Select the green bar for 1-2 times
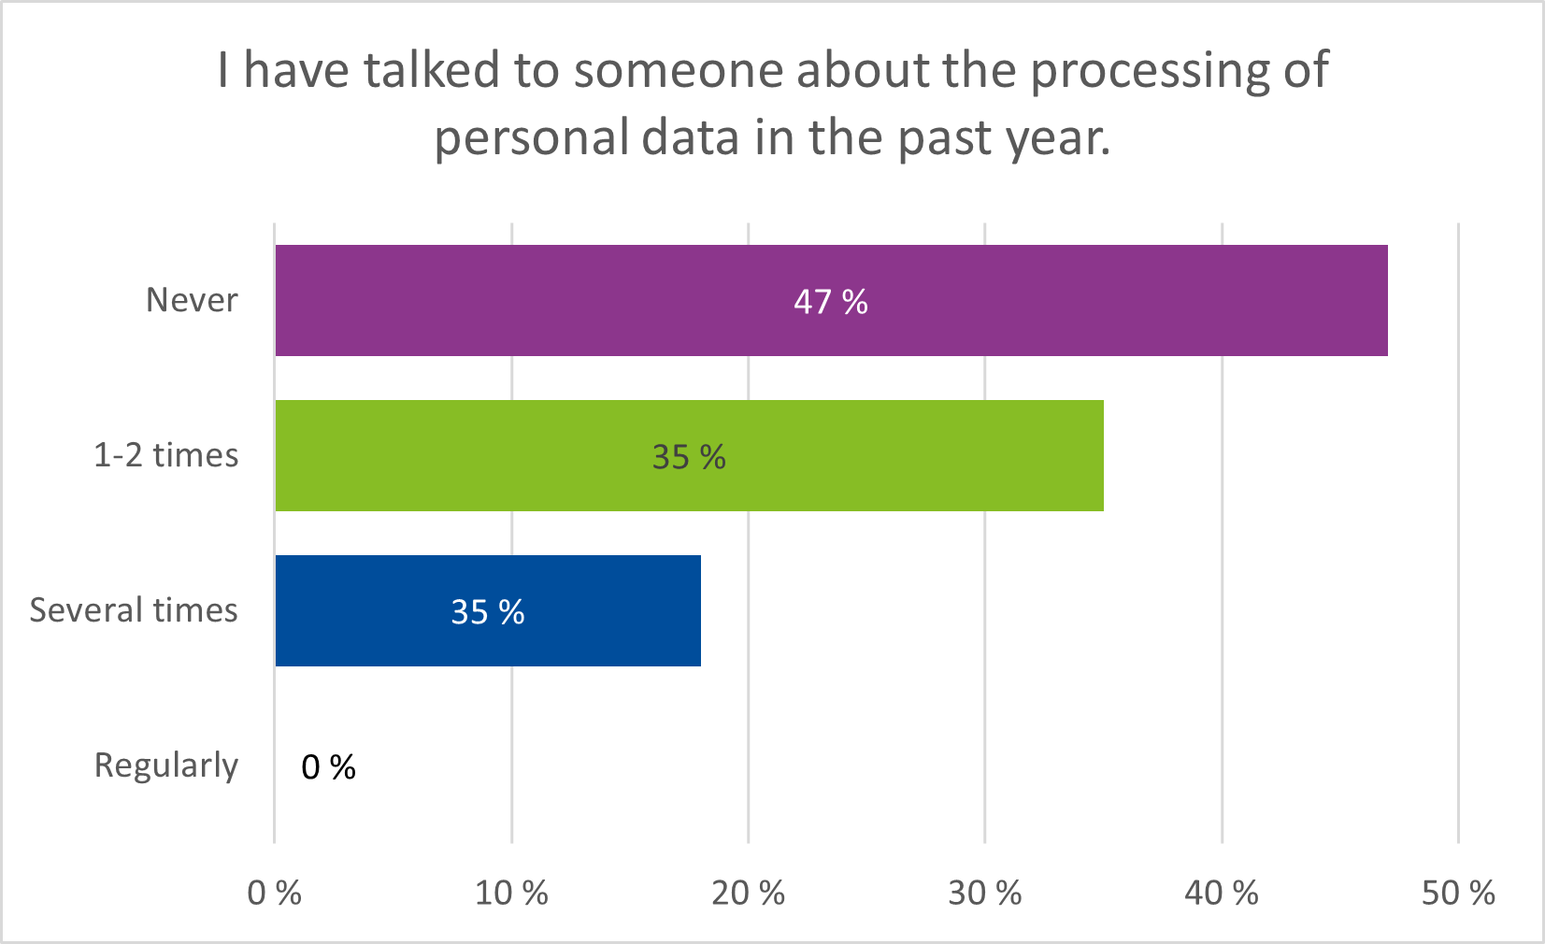point(888,455)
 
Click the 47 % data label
point(830,302)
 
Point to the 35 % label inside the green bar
point(689,457)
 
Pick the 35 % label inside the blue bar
point(487,612)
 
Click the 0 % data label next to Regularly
point(328,767)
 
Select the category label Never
point(192,300)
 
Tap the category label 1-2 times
point(165,455)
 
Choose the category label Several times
point(134,610)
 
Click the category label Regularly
point(165,766)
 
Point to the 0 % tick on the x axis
point(274,894)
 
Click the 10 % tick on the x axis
point(511,894)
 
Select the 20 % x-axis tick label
point(748,894)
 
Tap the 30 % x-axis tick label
point(984,894)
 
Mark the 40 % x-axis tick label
point(1221,894)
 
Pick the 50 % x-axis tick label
point(1458,894)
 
